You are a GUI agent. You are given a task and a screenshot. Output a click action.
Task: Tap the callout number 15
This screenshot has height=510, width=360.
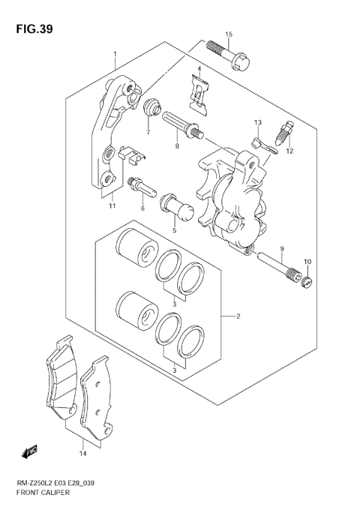[229, 34]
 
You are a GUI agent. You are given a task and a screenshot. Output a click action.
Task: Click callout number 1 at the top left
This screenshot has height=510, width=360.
[115, 55]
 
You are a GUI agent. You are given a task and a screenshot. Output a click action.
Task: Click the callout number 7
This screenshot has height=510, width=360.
[148, 133]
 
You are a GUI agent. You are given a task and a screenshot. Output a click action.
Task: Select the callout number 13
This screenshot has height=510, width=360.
[257, 122]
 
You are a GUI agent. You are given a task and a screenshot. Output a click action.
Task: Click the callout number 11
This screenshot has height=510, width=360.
[111, 205]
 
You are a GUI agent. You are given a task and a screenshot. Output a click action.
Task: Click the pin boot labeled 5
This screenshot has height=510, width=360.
[173, 204]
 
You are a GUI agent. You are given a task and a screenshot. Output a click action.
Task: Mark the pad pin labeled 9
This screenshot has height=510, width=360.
[275, 265]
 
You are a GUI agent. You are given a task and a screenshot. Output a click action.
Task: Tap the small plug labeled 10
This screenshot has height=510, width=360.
[306, 282]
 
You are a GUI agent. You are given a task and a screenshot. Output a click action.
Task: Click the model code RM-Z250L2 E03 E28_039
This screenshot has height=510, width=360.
[55, 484]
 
